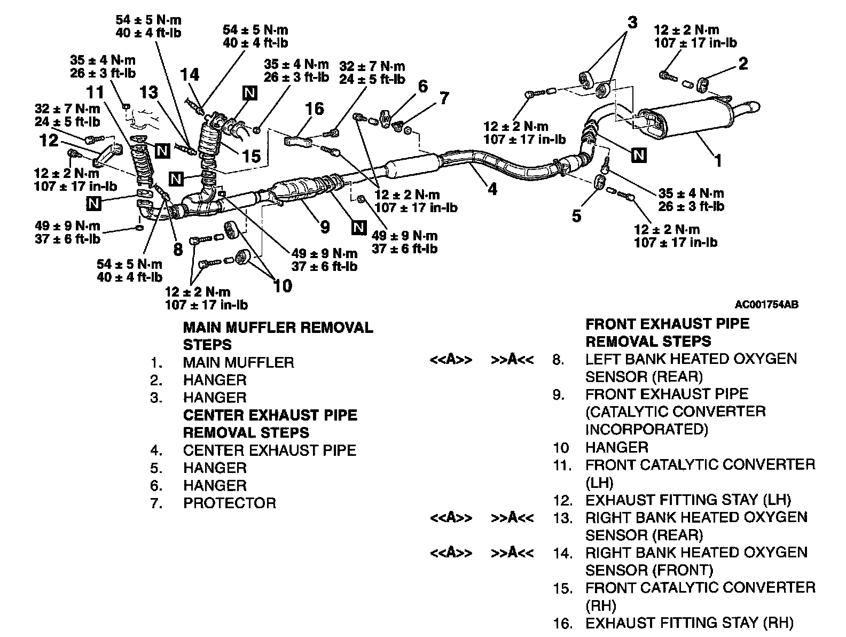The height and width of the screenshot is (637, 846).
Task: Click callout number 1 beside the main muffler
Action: (718, 160)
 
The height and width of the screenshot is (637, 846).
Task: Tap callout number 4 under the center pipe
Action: (492, 189)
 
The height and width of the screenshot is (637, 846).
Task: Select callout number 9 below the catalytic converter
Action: (325, 227)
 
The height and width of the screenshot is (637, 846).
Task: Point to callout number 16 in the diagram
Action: (314, 109)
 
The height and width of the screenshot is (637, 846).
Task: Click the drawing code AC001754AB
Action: (766, 305)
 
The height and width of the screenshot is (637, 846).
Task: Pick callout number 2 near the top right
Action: (743, 64)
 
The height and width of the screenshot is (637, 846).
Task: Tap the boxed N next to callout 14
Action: (249, 94)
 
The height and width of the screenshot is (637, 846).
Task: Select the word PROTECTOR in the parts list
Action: (230, 503)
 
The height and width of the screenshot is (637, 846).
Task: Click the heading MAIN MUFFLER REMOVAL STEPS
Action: (278, 336)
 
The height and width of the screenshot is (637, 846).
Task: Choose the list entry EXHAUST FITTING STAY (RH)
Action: (689, 623)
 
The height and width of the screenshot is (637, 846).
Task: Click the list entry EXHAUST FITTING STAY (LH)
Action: (688, 500)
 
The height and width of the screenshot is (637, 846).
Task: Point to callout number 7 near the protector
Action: (444, 98)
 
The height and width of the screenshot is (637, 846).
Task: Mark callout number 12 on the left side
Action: (49, 141)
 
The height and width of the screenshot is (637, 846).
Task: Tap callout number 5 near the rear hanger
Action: (576, 216)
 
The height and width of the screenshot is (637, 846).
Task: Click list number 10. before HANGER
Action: (561, 448)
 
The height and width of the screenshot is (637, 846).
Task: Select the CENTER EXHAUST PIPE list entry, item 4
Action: (269, 450)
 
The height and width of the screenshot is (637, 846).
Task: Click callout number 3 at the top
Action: (632, 22)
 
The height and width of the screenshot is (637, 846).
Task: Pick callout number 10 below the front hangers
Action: (283, 286)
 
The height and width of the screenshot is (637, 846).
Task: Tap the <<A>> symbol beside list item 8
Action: (451, 360)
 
